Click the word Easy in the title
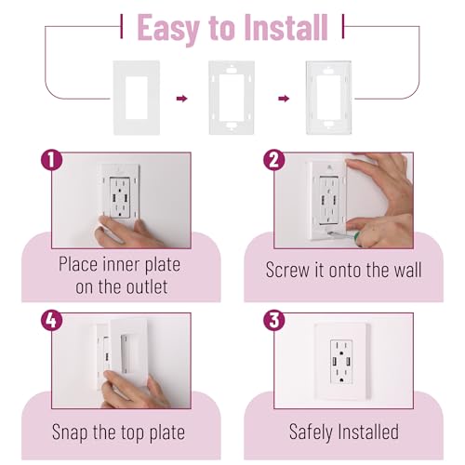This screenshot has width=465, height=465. [x=167, y=29]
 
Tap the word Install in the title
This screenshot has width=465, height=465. [x=286, y=27]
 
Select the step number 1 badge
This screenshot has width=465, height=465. [x=52, y=160]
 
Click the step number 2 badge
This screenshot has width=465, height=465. [x=274, y=160]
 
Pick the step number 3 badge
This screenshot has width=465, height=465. [x=274, y=320]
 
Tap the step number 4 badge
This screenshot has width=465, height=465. [x=52, y=320]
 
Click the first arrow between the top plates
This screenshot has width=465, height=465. [x=182, y=99]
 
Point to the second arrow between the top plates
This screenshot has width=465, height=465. [x=284, y=99]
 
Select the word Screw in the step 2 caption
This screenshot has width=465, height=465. [x=287, y=270]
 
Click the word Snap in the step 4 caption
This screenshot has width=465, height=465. [x=70, y=432]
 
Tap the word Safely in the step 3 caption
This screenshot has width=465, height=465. [x=312, y=432]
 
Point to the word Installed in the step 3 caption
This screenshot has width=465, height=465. [x=369, y=432]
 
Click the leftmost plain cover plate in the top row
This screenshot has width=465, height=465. [x=137, y=98]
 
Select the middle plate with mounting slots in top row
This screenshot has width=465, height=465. [x=232, y=98]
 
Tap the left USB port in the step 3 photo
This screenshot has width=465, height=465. [x=335, y=362]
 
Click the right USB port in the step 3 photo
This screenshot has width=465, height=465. [x=348, y=362]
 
